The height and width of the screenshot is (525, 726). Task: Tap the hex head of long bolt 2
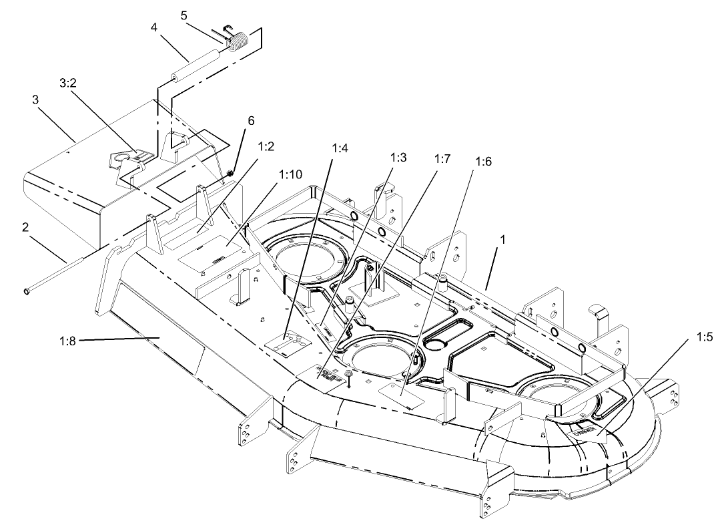click(x=26, y=291)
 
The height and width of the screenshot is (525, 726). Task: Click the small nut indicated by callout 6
click(x=229, y=174)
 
